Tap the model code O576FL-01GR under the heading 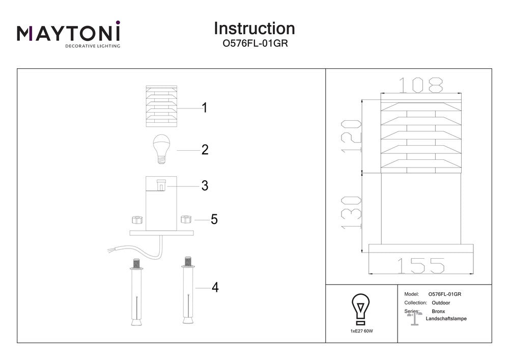click(x=254, y=44)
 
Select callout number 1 click(x=204, y=108)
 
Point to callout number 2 click(x=205, y=150)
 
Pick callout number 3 click(x=205, y=186)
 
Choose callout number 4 click(x=215, y=288)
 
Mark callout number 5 click(x=214, y=219)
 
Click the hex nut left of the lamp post click(x=136, y=220)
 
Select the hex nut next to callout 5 click(x=186, y=219)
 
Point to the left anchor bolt click(x=136, y=293)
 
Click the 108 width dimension click(x=420, y=85)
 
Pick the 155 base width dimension click(x=420, y=265)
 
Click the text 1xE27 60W click(x=361, y=331)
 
